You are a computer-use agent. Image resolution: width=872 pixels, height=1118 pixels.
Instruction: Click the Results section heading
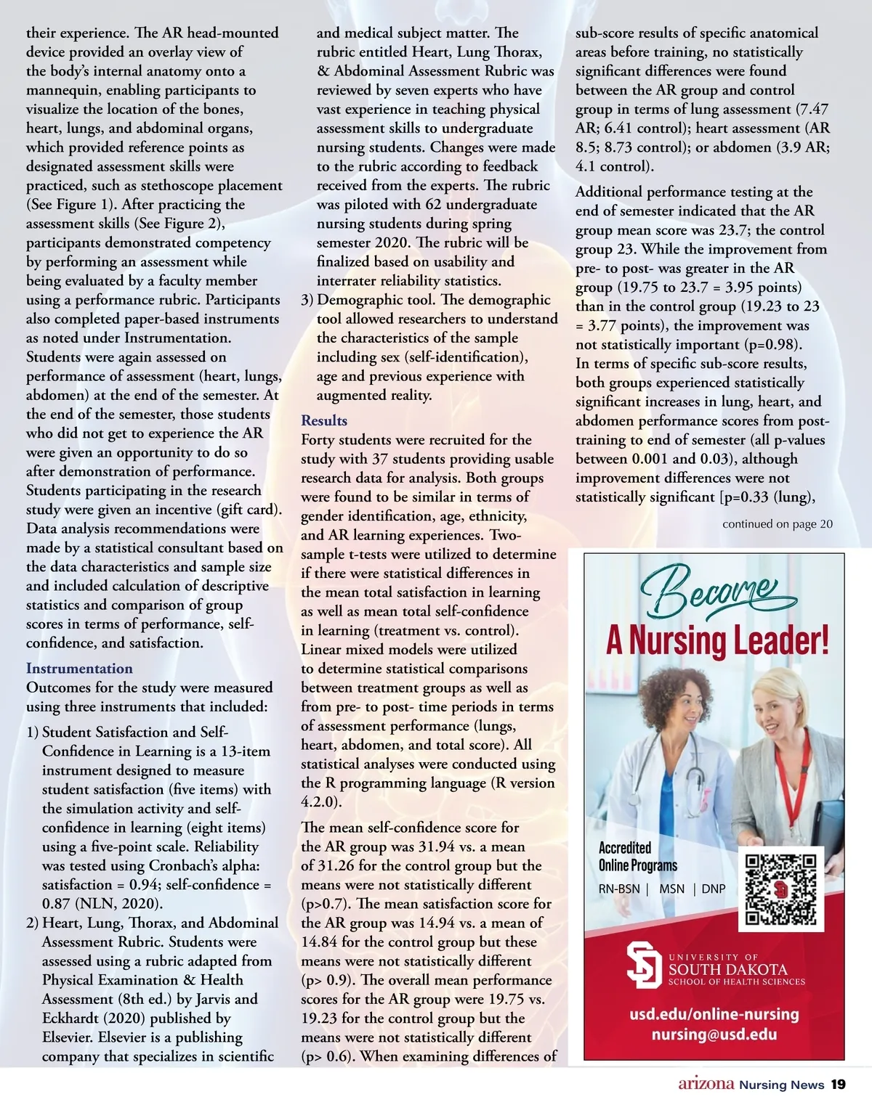pyautogui.click(x=324, y=421)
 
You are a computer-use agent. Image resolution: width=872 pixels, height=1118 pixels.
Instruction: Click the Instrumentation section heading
pyautogui.click(x=79, y=669)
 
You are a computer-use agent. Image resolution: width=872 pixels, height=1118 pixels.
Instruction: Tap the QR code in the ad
pyautogui.click(x=781, y=890)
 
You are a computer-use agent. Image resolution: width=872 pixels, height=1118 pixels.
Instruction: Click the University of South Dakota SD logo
pyautogui.click(x=644, y=965)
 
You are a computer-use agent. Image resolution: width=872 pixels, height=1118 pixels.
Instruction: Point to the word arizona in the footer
pyautogui.click(x=706, y=1085)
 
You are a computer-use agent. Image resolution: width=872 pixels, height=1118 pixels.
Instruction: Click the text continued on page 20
pyautogui.click(x=777, y=524)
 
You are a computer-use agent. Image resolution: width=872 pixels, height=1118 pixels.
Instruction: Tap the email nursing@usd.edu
pyautogui.click(x=714, y=1035)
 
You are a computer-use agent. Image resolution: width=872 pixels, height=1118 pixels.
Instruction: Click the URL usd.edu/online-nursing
pyautogui.click(x=714, y=1014)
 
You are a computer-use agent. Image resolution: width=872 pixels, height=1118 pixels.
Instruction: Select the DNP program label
pyautogui.click(x=714, y=889)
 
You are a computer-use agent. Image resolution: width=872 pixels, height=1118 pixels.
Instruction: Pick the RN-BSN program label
pyautogui.click(x=619, y=889)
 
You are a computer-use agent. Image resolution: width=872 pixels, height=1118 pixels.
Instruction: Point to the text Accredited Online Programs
pyautogui.click(x=637, y=857)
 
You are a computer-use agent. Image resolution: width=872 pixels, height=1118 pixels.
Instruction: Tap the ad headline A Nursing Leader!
pyautogui.click(x=717, y=641)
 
